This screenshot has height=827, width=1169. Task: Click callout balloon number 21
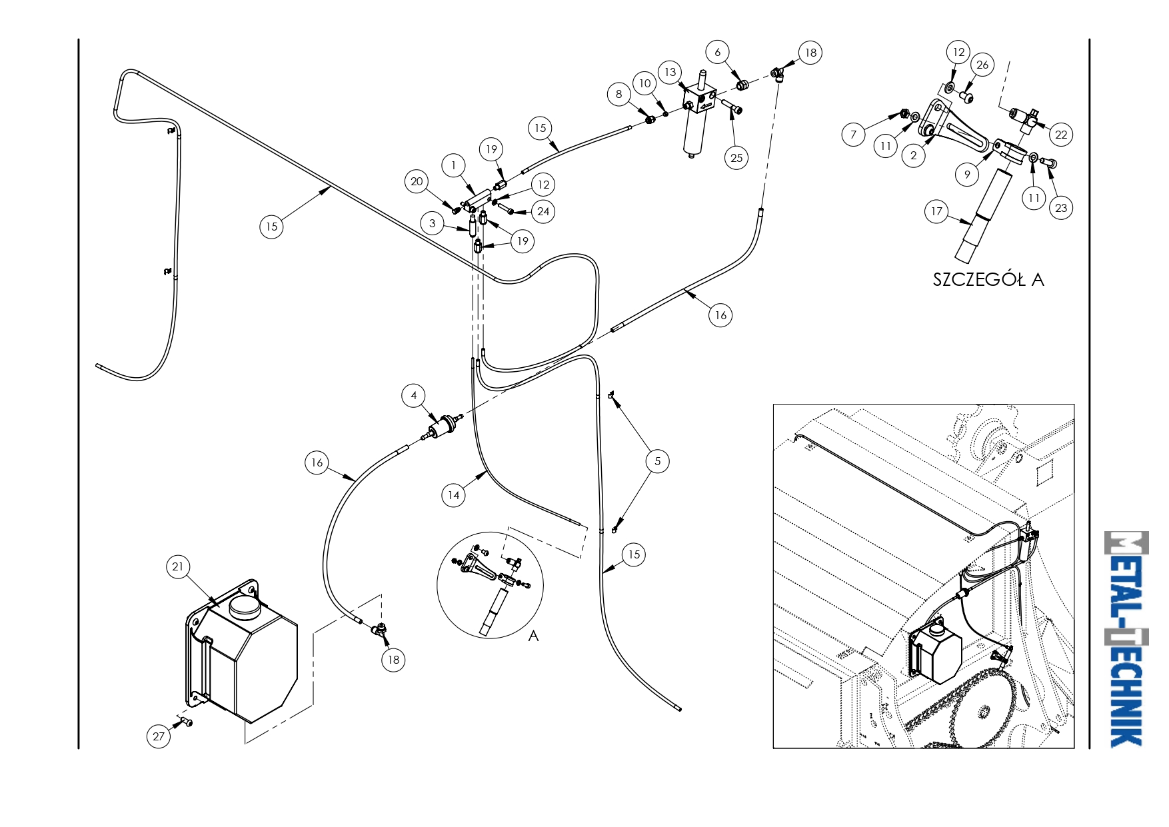pyautogui.click(x=177, y=567)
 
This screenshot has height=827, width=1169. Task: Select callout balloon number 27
pyautogui.click(x=159, y=736)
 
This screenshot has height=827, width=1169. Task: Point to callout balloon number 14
pyautogui.click(x=453, y=495)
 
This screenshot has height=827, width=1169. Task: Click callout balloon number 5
pyautogui.click(x=658, y=461)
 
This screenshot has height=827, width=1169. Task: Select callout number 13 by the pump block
pyautogui.click(x=670, y=72)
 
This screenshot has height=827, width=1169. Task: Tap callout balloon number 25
pyautogui.click(x=736, y=158)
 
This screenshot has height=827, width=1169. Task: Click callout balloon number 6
pyautogui.click(x=718, y=52)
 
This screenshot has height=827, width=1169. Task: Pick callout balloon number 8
pyautogui.click(x=619, y=95)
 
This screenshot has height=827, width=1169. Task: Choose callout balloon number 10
pyautogui.click(x=645, y=84)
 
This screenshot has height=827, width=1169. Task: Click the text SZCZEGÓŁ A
pyautogui.click(x=988, y=279)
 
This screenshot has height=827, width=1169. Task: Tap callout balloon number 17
pyautogui.click(x=937, y=212)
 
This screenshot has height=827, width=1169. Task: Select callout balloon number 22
pyautogui.click(x=1062, y=135)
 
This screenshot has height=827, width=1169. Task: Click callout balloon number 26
pyautogui.click(x=982, y=65)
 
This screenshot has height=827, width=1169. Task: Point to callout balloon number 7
pyautogui.click(x=854, y=135)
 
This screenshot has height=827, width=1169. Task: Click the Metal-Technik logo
pyautogui.click(x=1126, y=639)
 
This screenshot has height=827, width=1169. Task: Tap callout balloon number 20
pyautogui.click(x=417, y=181)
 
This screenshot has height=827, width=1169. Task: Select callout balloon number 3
pyautogui.click(x=433, y=223)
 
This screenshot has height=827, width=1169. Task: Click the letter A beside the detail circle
pyautogui.click(x=533, y=636)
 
